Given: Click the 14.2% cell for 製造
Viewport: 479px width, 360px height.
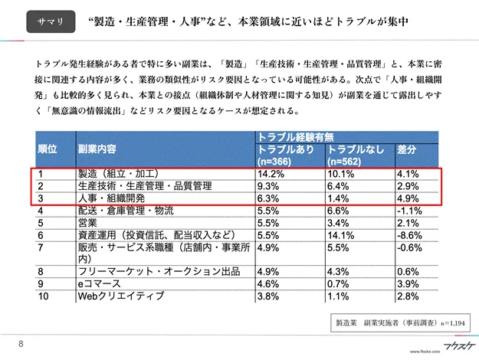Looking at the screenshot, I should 268,173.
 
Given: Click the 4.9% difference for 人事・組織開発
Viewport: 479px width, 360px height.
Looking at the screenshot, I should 408,198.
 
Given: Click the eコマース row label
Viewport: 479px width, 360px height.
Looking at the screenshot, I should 97,283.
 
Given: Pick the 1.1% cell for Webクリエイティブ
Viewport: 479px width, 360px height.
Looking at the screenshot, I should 339,295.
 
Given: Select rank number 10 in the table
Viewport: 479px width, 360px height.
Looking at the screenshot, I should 44,295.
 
